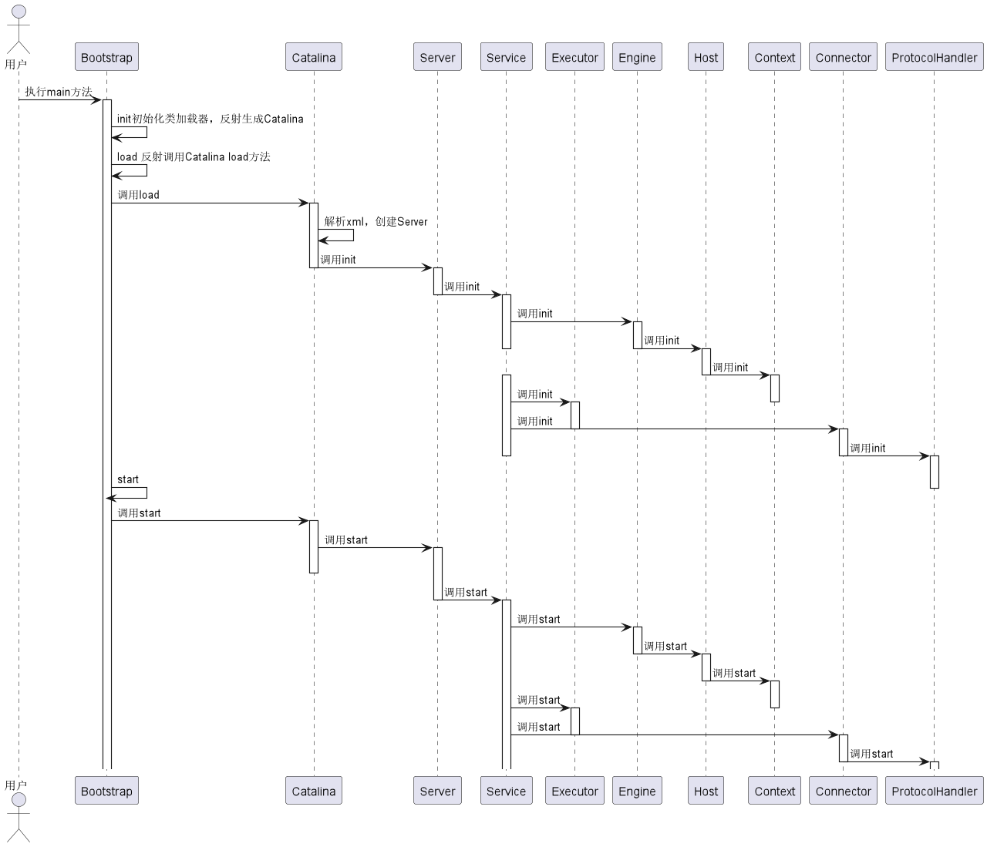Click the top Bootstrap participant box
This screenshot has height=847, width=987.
[106, 57]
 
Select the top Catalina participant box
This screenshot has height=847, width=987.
[313, 57]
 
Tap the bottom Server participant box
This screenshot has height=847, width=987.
[437, 791]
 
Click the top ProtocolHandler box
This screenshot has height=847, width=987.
[934, 57]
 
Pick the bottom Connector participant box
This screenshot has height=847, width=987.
[843, 791]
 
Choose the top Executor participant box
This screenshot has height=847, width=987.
[574, 57]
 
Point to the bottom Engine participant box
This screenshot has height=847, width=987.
[637, 791]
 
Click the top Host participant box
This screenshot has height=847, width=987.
[706, 57]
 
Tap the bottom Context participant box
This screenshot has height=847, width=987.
[774, 791]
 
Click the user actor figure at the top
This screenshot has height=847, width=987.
[19, 29]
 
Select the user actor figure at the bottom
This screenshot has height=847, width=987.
[19, 818]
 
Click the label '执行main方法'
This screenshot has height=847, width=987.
[59, 91]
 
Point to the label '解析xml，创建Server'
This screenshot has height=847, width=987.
[376, 221]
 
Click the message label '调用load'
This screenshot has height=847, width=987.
[139, 195]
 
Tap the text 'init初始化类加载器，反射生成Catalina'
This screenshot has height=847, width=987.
[210, 119]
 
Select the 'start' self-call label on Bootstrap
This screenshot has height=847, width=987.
[127, 479]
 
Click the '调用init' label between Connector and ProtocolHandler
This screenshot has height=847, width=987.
[867, 448]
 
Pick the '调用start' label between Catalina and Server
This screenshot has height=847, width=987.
[346, 539]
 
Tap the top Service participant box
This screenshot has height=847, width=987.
[506, 57]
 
